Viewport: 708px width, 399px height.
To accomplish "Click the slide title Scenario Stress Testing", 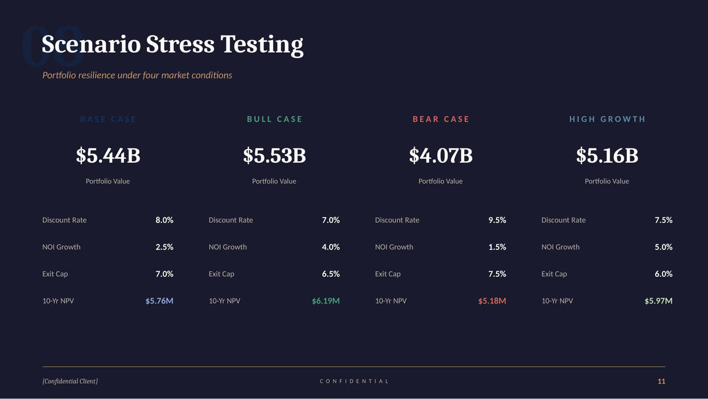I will coord(172,45).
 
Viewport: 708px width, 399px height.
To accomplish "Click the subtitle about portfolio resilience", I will coord(137,75).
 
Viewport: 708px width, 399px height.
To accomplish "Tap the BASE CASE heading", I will coord(108,119).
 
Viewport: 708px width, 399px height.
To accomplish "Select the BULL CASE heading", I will coord(274,119).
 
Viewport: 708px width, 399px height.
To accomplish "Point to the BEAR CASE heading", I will coord(441,119).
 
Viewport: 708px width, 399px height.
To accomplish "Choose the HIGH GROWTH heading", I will coord(607,119).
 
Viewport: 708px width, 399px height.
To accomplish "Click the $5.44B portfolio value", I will coord(108,156).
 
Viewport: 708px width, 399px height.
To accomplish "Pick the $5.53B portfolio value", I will coord(274,156).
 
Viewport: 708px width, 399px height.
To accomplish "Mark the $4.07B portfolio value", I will coord(441,156).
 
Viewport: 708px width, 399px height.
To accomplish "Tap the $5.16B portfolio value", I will coord(607,156).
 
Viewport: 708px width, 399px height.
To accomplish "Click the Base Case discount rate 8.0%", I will coord(164,220).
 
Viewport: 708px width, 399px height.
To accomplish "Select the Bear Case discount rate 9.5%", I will coord(497,220).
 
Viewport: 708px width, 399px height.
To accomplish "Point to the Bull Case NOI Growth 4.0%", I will coord(330,247).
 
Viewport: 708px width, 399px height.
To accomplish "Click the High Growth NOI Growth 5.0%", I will coord(663,247).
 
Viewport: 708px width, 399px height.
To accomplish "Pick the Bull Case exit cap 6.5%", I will coord(330,274).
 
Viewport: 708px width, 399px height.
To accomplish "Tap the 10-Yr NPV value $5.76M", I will coord(160,301).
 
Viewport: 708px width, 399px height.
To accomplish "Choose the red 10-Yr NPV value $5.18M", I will coord(492,301).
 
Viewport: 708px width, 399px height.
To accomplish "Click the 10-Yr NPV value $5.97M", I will coord(658,301).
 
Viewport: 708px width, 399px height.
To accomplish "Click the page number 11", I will coord(661,381).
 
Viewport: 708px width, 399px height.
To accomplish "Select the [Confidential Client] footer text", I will coord(70,381).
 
